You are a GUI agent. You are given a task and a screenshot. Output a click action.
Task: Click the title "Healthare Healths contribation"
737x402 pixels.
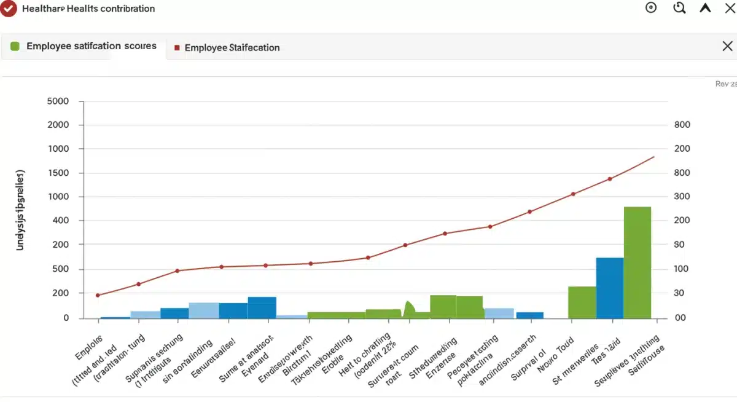88,9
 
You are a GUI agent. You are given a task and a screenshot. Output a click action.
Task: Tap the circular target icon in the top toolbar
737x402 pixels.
651,8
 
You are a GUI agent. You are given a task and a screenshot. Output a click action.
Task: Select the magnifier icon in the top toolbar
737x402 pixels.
679,8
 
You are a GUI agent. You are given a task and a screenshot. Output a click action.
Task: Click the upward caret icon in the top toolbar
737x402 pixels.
706,8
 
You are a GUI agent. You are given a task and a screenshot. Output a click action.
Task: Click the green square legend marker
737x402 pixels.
15,46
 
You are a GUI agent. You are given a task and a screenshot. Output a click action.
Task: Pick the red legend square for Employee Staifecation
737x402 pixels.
177,47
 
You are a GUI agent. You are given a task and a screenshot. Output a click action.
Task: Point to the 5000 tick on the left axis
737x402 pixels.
58,101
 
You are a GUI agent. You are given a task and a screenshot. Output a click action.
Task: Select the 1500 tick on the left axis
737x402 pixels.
58,173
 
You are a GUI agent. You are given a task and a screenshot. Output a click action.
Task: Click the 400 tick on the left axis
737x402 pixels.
60,221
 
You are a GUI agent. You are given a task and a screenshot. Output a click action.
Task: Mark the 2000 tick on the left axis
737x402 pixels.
58,125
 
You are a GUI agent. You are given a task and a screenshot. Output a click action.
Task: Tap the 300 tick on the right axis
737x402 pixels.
682,197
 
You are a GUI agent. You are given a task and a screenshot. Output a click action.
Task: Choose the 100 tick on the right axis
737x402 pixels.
682,269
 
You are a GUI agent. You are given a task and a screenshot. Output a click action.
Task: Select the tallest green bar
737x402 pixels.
638,262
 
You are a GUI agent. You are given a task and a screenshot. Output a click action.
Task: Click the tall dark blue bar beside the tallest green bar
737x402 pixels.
610,288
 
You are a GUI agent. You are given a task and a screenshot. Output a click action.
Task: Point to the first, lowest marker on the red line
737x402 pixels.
98,295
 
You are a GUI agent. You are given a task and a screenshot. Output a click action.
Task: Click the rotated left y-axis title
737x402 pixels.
20,210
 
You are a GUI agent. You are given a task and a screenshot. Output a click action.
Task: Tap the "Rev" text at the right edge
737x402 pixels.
725,84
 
